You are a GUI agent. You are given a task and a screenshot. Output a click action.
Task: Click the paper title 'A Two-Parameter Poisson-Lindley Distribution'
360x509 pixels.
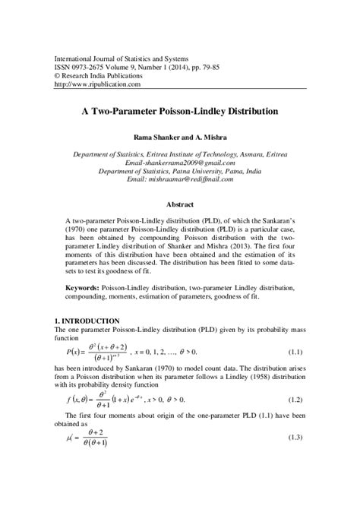tap(179, 111)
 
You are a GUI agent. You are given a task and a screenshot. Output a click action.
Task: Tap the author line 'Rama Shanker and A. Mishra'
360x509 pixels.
tap(179, 138)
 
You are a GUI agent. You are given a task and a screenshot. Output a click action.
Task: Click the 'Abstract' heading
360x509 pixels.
tap(180, 204)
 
